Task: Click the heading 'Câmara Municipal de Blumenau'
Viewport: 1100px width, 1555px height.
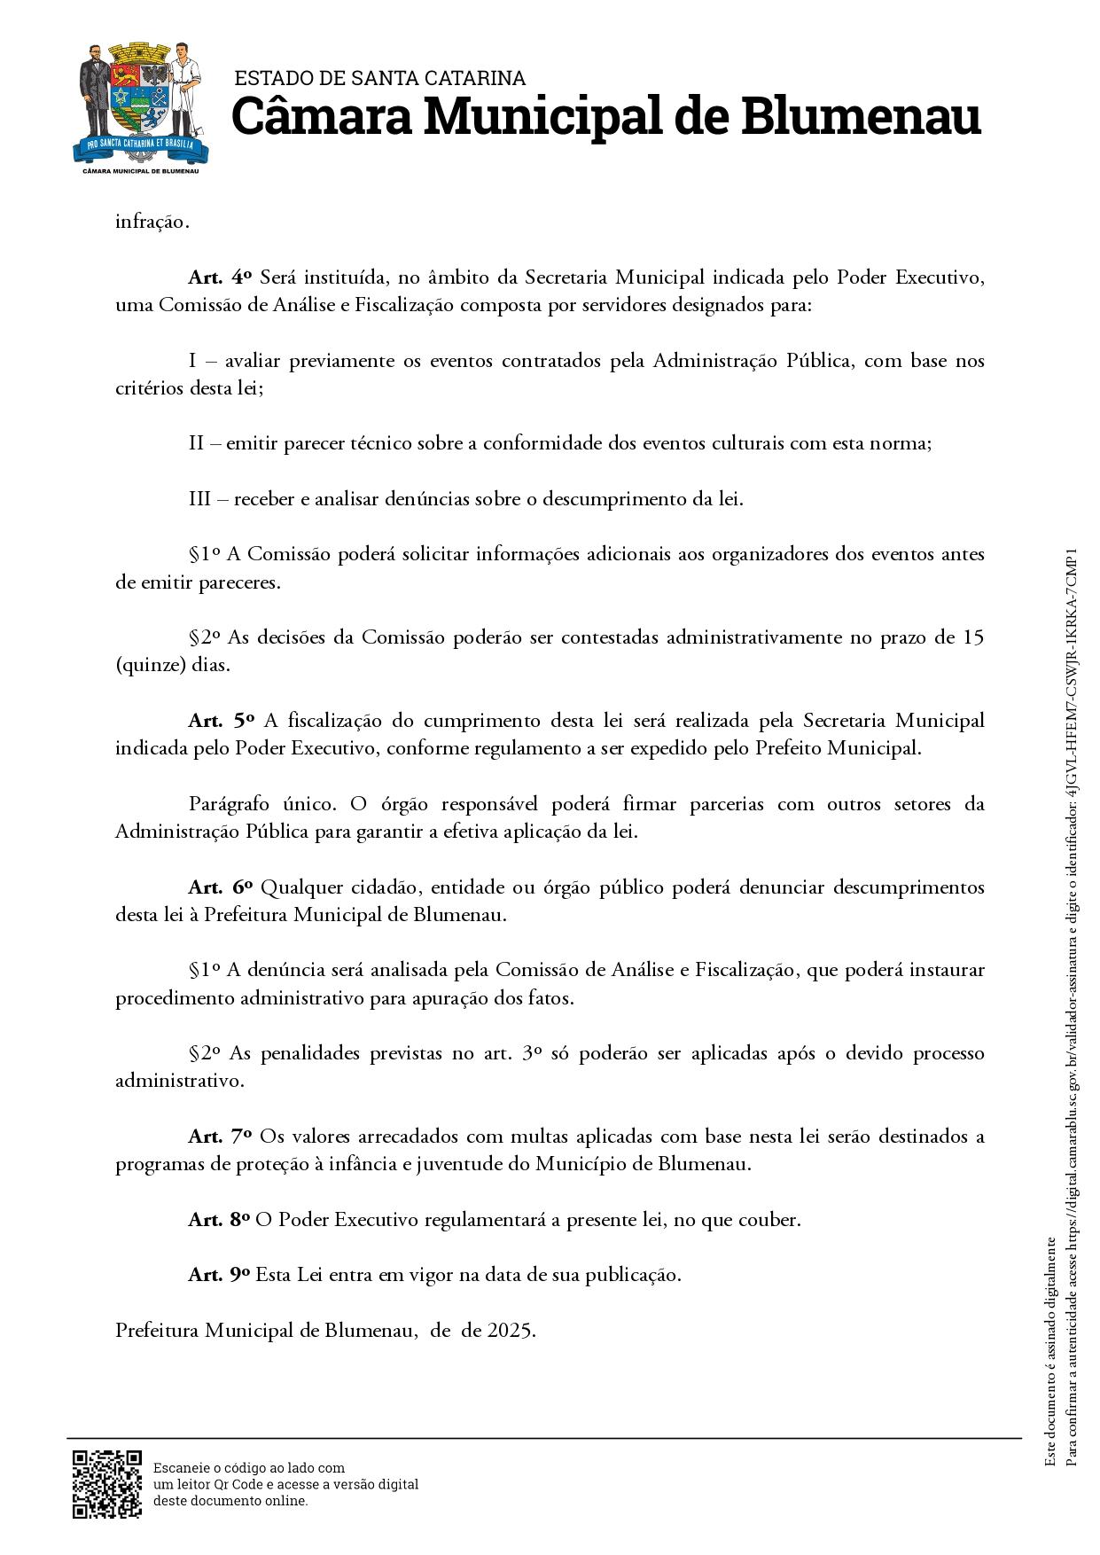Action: coord(606,117)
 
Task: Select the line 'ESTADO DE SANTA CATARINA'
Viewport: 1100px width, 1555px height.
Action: coord(379,79)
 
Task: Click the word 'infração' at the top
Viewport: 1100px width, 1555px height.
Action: coord(151,222)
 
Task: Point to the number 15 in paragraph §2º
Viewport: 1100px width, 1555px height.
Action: coord(973,637)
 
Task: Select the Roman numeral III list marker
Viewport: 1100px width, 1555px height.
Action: coord(199,498)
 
